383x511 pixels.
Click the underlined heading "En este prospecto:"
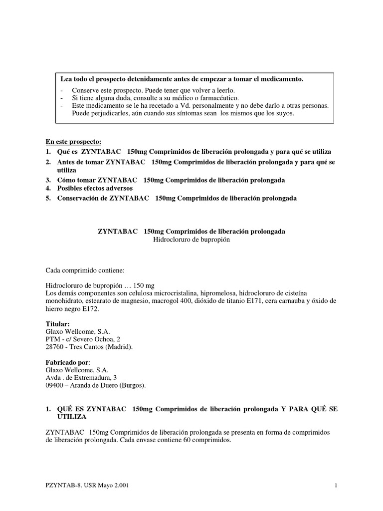tap(73, 142)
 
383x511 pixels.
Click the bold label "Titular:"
tap(57, 324)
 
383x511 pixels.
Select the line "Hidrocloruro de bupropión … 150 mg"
tap(100, 285)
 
